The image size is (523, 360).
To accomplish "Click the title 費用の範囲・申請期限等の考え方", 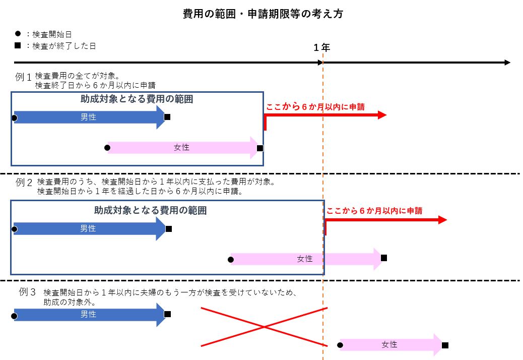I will tap(263, 14).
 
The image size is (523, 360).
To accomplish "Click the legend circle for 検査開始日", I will tap(18, 34).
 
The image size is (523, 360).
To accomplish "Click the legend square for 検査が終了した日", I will tap(18, 45).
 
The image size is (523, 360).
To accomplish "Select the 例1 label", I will tap(23, 77).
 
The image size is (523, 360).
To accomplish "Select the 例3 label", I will tap(27, 291).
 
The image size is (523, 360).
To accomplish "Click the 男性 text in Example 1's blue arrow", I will tap(88, 117).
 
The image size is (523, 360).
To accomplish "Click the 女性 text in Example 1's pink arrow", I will tap(181, 147).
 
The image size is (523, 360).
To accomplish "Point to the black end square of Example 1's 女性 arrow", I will tap(260, 148).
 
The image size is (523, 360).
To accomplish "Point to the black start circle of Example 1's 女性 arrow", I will tap(107, 148).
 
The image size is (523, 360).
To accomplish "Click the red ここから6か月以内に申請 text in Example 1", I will tap(315, 106).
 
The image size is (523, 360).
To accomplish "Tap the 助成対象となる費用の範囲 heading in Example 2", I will tap(150, 211).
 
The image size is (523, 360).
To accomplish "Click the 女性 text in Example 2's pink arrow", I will tap(304, 259).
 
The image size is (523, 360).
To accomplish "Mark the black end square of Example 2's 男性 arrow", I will tap(169, 229).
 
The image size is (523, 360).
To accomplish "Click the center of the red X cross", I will tap(264, 327).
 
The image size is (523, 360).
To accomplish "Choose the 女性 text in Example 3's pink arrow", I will tap(389, 344).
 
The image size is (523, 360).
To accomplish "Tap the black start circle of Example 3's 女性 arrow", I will tap(340, 345).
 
